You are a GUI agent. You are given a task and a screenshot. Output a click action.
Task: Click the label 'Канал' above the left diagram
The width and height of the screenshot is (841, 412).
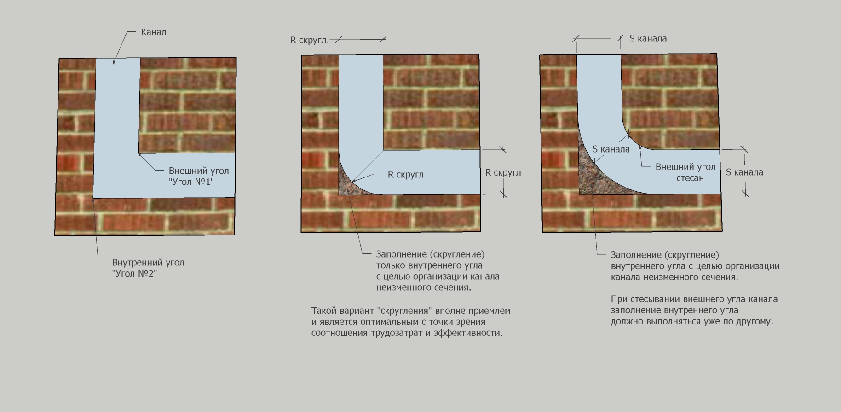154,32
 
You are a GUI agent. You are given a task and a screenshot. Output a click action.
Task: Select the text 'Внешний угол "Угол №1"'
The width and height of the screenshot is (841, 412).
199,176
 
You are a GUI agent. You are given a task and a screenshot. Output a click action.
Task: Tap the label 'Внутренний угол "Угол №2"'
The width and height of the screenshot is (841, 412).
148,268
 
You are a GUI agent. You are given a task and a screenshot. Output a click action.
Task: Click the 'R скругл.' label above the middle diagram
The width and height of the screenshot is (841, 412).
310,41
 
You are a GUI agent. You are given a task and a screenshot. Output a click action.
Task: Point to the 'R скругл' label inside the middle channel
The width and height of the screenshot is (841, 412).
406,175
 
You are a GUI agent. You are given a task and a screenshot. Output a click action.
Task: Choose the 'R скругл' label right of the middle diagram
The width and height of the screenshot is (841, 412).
503,173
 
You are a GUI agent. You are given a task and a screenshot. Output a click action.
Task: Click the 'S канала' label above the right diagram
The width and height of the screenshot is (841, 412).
648,39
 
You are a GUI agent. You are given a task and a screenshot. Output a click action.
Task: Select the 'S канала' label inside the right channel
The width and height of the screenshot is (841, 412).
611,149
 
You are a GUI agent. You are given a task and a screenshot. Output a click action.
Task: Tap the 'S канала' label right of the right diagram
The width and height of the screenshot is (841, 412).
744,172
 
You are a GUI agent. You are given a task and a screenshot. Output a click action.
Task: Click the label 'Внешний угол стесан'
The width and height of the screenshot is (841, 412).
685,172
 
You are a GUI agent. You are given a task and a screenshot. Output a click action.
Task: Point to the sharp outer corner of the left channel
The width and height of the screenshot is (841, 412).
140,153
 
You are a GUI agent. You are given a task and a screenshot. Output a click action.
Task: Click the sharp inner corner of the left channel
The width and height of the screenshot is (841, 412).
93,198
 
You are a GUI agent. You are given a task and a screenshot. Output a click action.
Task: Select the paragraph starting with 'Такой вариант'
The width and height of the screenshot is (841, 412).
411,322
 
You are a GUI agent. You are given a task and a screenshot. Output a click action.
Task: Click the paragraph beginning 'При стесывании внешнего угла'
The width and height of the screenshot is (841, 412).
694,310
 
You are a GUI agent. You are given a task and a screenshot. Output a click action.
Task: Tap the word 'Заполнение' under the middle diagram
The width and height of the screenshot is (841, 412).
402,254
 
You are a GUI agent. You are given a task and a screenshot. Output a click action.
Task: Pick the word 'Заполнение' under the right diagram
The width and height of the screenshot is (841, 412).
636,255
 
